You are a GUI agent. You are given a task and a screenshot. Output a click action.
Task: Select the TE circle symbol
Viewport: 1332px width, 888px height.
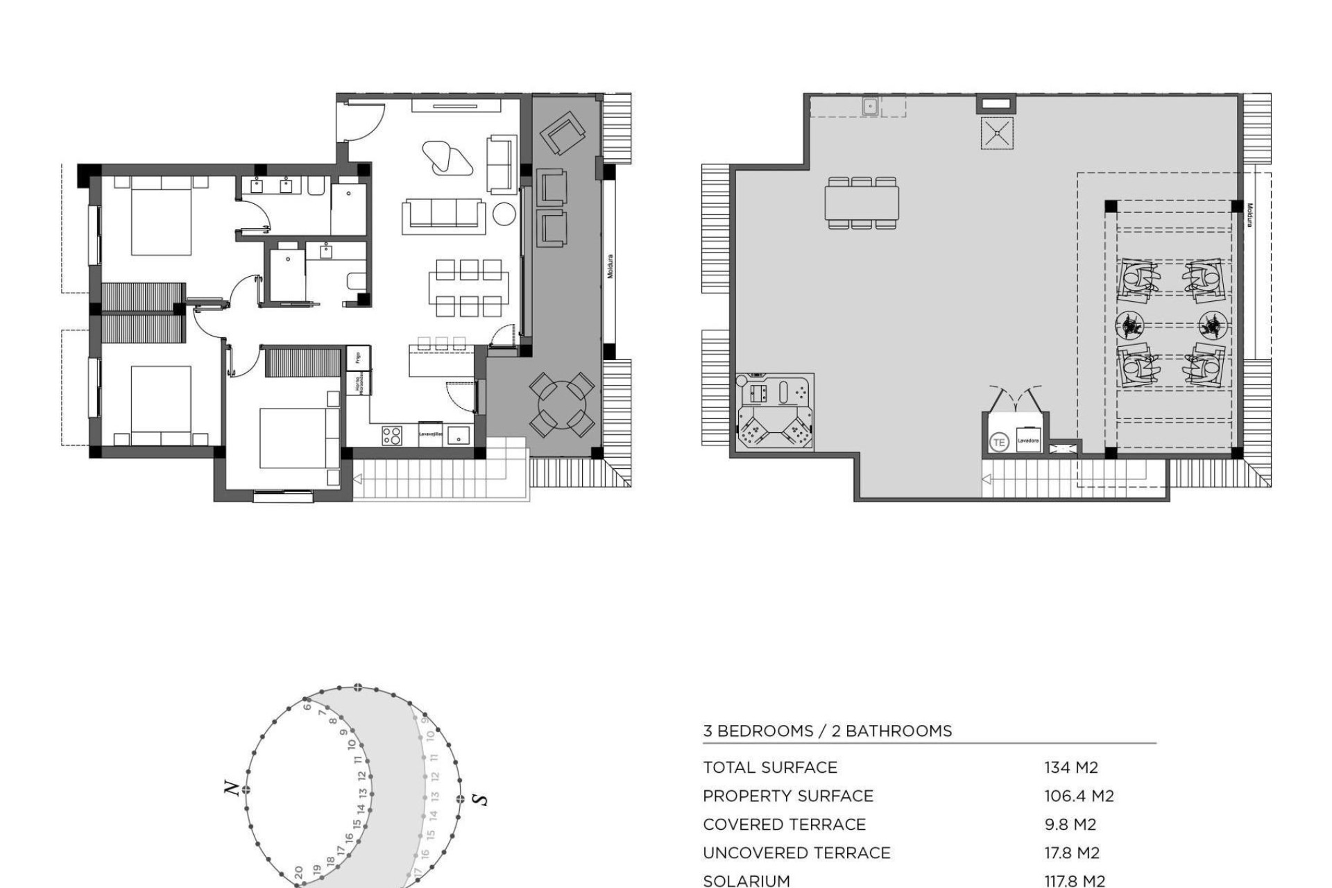click(x=999, y=442)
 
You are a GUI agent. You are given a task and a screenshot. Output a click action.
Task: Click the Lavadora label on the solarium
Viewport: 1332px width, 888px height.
click(x=1028, y=441)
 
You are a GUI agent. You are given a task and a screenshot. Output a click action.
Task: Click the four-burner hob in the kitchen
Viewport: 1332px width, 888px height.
click(x=391, y=435)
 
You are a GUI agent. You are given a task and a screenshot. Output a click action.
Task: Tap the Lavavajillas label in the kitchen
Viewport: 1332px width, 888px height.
click(x=430, y=434)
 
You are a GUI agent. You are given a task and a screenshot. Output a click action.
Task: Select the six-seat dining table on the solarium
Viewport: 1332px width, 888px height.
click(x=862, y=203)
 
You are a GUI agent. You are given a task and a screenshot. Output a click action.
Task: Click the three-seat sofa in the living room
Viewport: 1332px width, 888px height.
click(x=444, y=213)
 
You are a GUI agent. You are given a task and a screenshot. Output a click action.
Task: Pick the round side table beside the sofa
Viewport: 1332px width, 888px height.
click(x=504, y=214)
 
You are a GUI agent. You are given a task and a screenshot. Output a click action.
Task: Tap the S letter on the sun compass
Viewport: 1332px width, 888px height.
click(x=479, y=799)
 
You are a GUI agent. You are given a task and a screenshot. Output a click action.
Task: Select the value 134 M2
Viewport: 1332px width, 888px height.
click(x=1071, y=767)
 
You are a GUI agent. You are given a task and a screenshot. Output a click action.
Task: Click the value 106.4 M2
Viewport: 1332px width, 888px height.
click(x=1079, y=796)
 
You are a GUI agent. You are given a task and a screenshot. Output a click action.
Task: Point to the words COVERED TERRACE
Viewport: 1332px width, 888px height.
click(x=784, y=824)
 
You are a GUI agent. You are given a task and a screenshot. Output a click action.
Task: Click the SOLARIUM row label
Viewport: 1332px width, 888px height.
click(x=746, y=880)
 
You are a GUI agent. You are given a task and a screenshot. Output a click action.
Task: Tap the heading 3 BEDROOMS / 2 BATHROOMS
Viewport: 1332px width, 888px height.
click(x=827, y=731)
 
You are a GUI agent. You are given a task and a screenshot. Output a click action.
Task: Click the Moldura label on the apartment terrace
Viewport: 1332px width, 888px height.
click(x=610, y=266)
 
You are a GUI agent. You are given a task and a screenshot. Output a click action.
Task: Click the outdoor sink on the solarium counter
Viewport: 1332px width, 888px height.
click(x=871, y=106)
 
